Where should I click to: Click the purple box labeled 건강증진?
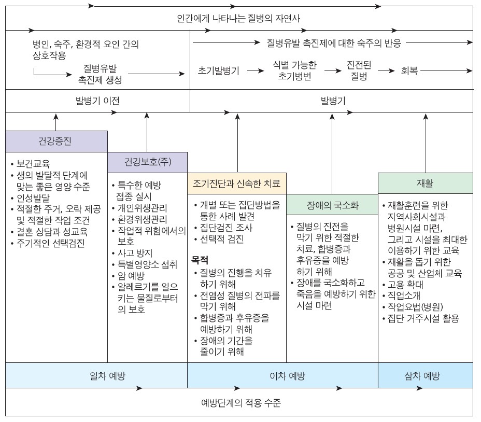(56, 141)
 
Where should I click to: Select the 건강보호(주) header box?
(147, 162)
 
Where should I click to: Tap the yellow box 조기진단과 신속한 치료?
(236, 183)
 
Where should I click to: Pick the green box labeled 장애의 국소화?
(332, 204)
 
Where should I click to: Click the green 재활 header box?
(425, 183)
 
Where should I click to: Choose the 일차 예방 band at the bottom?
(96, 375)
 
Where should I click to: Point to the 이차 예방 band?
(282, 375)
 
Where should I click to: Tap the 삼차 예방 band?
(425, 375)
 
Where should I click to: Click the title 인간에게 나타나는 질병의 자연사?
(238, 19)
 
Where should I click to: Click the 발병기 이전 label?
(97, 101)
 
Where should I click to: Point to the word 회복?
(409, 71)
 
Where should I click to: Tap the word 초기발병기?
(218, 71)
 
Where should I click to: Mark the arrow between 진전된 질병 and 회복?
(387, 71)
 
